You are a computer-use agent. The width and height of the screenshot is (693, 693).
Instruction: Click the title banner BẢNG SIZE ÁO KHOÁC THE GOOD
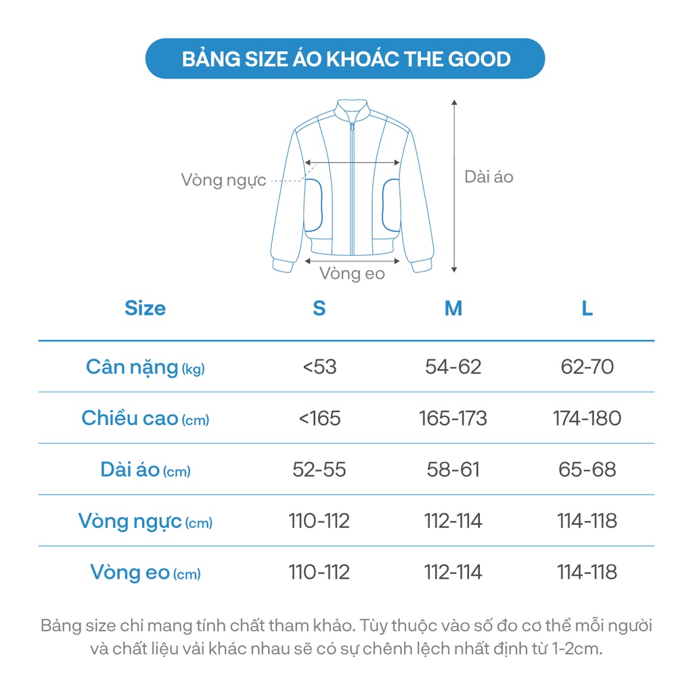346,59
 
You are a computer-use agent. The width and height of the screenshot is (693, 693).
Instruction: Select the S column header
319,309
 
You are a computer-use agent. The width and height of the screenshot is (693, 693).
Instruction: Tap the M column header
453,309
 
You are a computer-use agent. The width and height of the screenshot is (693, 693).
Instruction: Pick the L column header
587,309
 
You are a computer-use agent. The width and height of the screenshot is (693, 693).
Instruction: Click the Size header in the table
145,309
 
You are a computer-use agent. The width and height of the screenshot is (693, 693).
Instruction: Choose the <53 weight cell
319,367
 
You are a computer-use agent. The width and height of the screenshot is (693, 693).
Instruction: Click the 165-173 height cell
453,418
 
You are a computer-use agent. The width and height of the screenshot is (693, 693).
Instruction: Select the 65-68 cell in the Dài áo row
587,470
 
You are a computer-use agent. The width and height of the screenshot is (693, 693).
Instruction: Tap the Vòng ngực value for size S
319,521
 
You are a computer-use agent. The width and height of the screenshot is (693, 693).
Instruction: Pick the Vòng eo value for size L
587,573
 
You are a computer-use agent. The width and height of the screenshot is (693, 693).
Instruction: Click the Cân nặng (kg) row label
145,367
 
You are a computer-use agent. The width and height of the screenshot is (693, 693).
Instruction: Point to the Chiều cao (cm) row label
145,419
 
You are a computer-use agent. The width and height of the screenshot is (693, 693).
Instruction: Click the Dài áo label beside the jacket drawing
489,177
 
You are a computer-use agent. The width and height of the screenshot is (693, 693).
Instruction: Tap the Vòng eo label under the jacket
352,273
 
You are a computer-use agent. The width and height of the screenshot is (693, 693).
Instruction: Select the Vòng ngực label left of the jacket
223,181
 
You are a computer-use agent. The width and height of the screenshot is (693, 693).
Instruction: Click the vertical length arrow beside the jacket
454,186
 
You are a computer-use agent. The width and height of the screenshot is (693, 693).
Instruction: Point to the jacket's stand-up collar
353,108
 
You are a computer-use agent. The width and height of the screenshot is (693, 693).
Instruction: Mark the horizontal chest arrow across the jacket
352,162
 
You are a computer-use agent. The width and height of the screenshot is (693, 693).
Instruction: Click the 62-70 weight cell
587,367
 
